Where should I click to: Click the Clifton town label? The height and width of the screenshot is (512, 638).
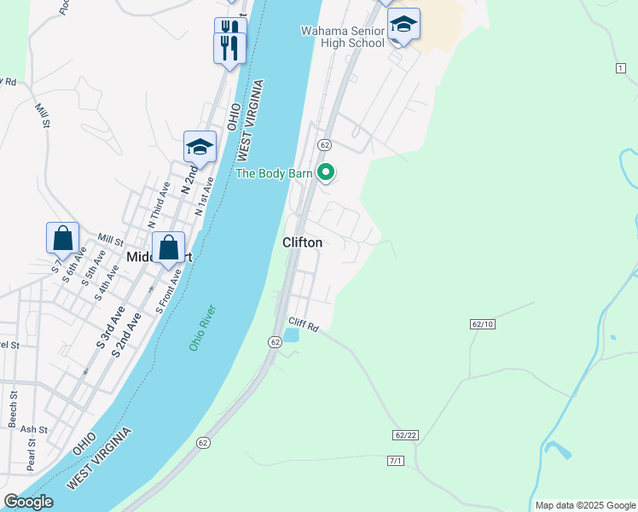click(x=303, y=242)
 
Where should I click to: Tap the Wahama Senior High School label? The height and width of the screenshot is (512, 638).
click(x=342, y=37)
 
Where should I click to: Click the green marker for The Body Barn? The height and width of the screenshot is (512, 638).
click(x=326, y=173)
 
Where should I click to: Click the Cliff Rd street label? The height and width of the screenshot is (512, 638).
click(x=303, y=324)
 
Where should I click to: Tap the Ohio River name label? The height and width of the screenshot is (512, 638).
click(x=202, y=328)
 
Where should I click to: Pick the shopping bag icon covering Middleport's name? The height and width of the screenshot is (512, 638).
click(x=169, y=248)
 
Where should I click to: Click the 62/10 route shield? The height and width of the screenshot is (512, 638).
click(x=482, y=324)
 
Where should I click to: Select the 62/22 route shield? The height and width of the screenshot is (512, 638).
click(x=406, y=435)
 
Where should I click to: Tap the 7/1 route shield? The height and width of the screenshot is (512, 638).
click(x=395, y=461)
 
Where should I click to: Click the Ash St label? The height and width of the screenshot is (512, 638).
click(x=34, y=429)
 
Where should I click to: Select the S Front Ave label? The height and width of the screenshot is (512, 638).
click(x=169, y=290)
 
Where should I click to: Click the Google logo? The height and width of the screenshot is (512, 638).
click(x=28, y=502)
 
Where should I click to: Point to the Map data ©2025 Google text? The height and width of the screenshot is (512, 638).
click(x=584, y=505)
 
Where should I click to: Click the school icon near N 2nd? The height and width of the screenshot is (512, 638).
click(x=200, y=147)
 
